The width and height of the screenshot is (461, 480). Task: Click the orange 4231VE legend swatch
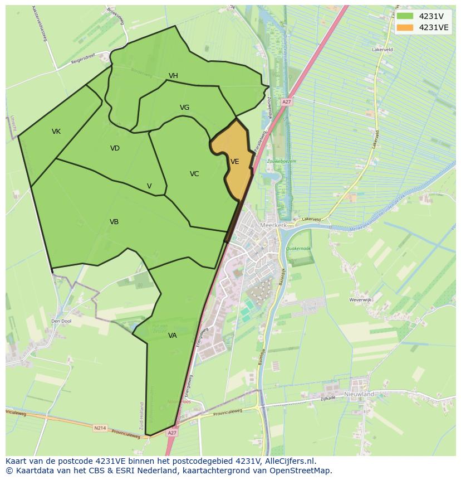pyautogui.click(x=405, y=27)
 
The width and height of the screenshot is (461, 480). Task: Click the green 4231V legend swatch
pyautogui.click(x=405, y=16)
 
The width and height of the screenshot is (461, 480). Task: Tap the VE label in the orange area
pyautogui.click(x=234, y=162)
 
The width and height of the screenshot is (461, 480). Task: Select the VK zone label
pyautogui.click(x=56, y=132)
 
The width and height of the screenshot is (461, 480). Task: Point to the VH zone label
pyautogui.click(x=173, y=76)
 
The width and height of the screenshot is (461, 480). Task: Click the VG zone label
pyautogui.click(x=184, y=108)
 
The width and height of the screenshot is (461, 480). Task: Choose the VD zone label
pyautogui.click(x=115, y=148)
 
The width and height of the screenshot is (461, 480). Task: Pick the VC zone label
pyautogui.click(x=194, y=174)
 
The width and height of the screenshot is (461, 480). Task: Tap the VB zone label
pyautogui.click(x=114, y=222)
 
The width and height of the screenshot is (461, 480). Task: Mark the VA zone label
pyautogui.click(x=172, y=336)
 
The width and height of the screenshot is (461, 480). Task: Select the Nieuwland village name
pyautogui.click(x=359, y=394)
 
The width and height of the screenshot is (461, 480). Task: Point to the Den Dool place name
pyautogui.click(x=61, y=321)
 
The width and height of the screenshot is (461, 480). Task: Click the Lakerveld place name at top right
pyautogui.click(x=382, y=50)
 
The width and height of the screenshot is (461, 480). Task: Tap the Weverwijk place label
pyautogui.click(x=360, y=300)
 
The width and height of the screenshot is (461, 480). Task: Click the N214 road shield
pyautogui.click(x=100, y=428)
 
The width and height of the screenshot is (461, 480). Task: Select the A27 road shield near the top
pyautogui.click(x=286, y=102)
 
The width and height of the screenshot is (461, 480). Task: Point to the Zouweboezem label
pyautogui.click(x=282, y=161)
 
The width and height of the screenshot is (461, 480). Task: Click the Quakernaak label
pyautogui.click(x=298, y=249)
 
